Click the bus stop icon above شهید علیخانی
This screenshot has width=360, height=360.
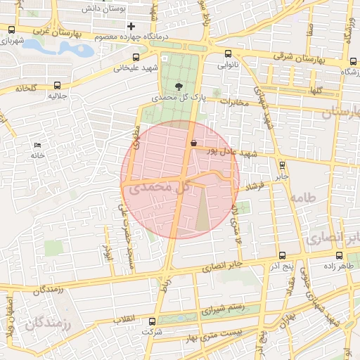[136, 58]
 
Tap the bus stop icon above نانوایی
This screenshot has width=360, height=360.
[227, 54]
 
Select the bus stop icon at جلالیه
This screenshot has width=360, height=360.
[56, 85]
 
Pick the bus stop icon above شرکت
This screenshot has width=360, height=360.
[153, 321]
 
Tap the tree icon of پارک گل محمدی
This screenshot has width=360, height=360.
[179, 86]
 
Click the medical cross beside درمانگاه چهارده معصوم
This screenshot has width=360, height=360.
[131, 26]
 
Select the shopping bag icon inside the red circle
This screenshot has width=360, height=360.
[193, 143]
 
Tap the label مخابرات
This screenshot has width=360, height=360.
[236, 103]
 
